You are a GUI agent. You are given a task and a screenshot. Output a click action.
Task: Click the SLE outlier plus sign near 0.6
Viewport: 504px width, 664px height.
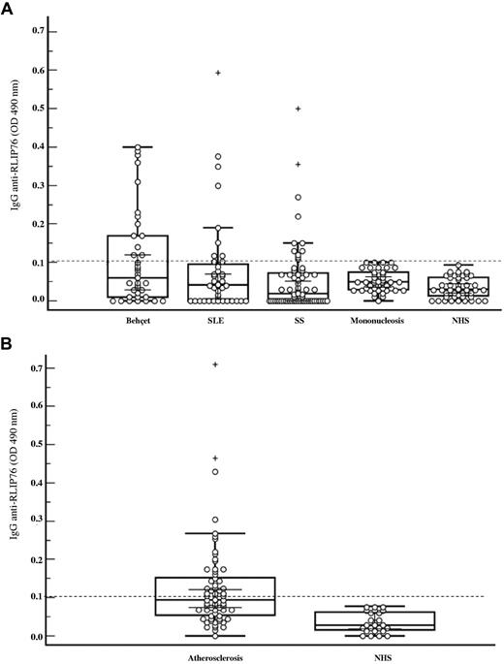(x=218, y=73)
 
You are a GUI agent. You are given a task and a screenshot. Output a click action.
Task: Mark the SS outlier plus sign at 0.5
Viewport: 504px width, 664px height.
(x=299, y=109)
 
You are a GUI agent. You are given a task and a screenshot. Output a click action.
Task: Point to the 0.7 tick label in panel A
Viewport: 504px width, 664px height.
(x=38, y=31)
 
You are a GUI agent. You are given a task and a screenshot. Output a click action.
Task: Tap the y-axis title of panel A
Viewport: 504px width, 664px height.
(x=15, y=165)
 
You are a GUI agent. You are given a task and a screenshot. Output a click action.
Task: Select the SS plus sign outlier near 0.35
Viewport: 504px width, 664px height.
(x=299, y=165)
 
